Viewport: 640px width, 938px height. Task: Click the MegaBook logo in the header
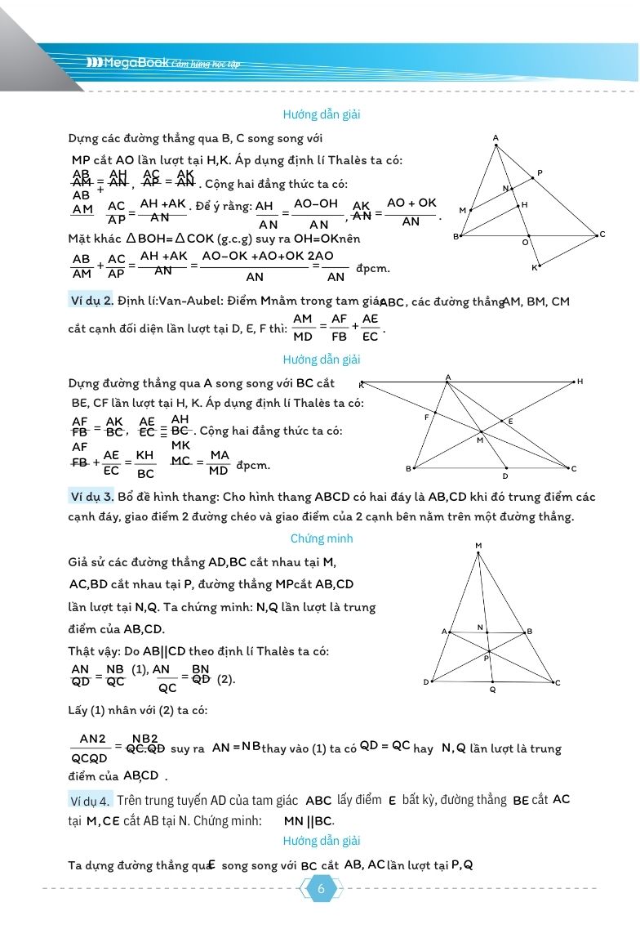click(x=127, y=63)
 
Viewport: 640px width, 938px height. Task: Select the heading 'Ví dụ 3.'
click(x=91, y=497)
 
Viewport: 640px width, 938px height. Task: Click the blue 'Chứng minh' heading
click(x=322, y=539)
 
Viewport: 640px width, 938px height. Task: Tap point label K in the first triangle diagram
click(x=536, y=268)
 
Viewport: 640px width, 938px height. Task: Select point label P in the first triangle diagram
click(x=540, y=173)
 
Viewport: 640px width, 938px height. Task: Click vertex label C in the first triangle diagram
click(x=602, y=234)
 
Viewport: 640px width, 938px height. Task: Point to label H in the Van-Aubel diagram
click(x=580, y=382)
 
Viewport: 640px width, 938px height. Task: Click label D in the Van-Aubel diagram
click(x=505, y=476)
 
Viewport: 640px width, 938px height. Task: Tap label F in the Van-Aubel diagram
click(x=427, y=418)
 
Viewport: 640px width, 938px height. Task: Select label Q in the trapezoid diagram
click(x=492, y=690)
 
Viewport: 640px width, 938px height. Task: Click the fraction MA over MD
click(x=218, y=463)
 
